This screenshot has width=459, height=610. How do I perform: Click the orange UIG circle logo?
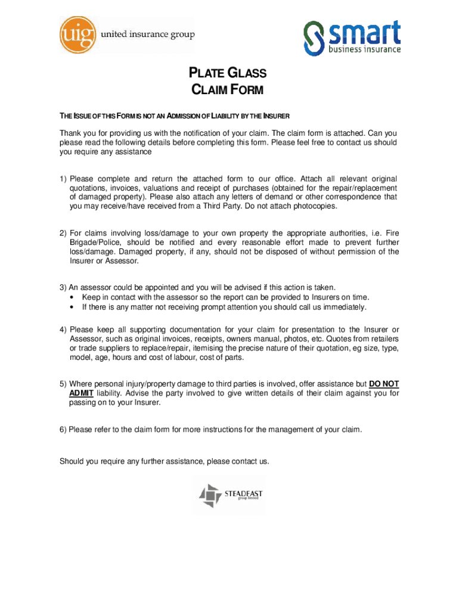(78, 33)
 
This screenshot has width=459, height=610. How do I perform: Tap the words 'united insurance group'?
(149, 35)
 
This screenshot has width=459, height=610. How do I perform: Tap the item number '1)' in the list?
(63, 179)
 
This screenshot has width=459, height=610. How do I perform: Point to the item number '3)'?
(63, 288)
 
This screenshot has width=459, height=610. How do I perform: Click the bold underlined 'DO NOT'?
(384, 384)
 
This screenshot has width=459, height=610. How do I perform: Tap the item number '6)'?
(63, 430)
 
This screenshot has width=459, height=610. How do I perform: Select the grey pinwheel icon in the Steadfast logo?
(210, 496)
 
